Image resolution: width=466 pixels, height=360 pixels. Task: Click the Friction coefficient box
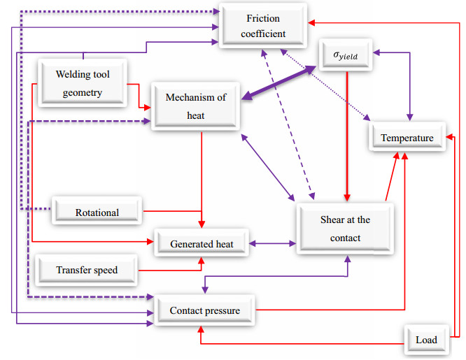coord(262,25)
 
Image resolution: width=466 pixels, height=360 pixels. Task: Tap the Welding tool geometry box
coord(83,82)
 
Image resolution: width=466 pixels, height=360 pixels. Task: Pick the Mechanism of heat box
coord(196,106)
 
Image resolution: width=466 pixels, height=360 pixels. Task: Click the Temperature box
coord(407,138)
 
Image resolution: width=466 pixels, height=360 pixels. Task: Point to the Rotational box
coord(97,212)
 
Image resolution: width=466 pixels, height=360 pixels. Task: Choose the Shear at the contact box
coord(345,229)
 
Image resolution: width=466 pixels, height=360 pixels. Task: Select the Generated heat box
coord(202,243)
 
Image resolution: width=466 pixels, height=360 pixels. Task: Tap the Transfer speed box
coord(87,270)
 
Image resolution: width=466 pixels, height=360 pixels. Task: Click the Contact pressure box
coord(204,310)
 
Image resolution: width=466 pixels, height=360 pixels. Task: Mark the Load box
coord(425,340)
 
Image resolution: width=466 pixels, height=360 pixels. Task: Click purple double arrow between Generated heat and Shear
coord(274,243)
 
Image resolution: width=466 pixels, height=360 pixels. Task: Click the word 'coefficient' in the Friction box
coord(262,33)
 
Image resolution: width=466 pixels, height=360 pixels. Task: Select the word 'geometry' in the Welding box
coord(83,92)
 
